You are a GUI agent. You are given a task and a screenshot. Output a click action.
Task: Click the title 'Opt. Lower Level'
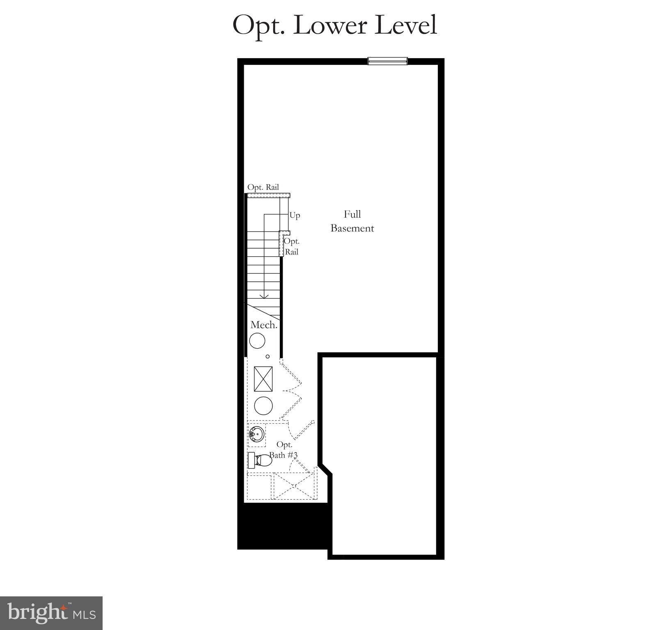point(334,25)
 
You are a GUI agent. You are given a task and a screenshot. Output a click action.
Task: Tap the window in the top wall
point(387,61)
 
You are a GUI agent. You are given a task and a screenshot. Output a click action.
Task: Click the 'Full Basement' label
point(352,221)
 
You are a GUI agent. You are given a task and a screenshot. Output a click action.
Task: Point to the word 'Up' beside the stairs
point(295,215)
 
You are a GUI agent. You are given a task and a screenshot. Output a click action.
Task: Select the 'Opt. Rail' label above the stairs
point(263,187)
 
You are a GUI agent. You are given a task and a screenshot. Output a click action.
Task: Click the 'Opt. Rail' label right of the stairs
point(292,246)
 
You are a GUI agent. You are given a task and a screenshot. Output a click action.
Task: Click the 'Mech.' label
point(264,325)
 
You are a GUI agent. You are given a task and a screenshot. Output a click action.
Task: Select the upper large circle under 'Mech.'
point(257,341)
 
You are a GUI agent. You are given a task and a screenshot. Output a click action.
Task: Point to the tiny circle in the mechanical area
point(268,356)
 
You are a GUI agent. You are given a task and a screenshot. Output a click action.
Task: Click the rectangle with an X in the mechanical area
point(263,379)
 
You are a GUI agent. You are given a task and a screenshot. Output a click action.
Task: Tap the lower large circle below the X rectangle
point(263,405)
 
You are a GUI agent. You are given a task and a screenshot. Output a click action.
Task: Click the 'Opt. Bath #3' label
point(284,450)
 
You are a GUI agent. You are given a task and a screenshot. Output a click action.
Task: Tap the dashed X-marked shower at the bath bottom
point(294,486)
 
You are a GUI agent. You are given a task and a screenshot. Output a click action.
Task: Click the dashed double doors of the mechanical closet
point(291,390)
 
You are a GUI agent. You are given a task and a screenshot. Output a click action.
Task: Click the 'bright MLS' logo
point(51,613)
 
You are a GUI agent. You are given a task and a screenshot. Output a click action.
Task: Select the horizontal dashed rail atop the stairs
point(268,196)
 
